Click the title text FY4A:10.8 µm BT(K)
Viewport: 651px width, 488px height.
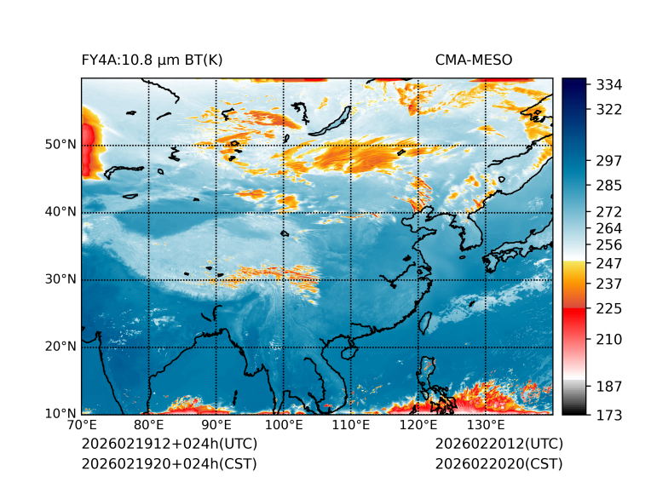(152, 60)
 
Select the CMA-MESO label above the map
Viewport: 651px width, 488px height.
(474, 60)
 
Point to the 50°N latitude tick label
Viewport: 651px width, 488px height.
(59, 145)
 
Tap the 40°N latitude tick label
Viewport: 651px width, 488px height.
(59, 212)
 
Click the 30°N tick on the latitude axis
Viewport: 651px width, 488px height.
(59, 279)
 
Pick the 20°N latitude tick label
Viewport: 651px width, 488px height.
(59, 347)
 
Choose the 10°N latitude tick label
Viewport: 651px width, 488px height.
(59, 414)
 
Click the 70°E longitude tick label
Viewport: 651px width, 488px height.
(82, 426)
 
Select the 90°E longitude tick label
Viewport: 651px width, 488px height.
(216, 426)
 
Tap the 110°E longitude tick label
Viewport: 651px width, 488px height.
(351, 426)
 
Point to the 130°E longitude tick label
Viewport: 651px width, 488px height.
(486, 426)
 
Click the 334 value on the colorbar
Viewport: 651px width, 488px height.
(609, 85)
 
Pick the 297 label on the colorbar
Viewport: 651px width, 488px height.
(609, 161)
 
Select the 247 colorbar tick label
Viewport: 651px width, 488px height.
(609, 262)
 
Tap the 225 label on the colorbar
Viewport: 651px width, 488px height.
(609, 308)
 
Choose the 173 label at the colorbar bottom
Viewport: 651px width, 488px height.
(609, 415)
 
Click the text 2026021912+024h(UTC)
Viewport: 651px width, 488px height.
(169, 445)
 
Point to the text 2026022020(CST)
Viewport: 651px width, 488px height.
(498, 464)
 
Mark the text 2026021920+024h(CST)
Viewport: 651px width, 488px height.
(169, 464)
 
